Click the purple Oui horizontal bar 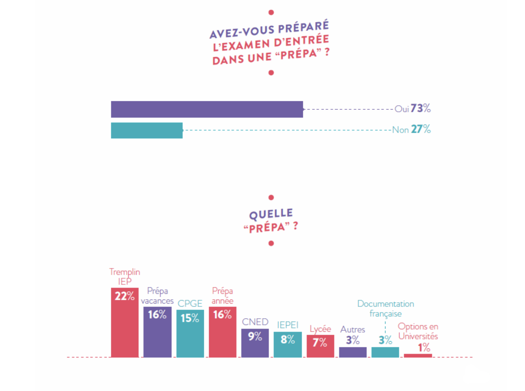click(207, 109)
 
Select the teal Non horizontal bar click(147, 130)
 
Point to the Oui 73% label click(412, 109)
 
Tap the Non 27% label click(411, 129)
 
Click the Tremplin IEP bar click(125, 327)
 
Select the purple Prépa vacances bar click(157, 335)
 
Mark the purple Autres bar click(353, 352)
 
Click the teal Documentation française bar click(385, 352)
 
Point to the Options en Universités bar click(418, 355)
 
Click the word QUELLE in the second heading click(271, 214)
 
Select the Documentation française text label click(386, 309)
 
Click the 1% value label click(424, 347)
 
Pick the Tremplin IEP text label click(125, 276)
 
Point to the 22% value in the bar click(124, 296)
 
